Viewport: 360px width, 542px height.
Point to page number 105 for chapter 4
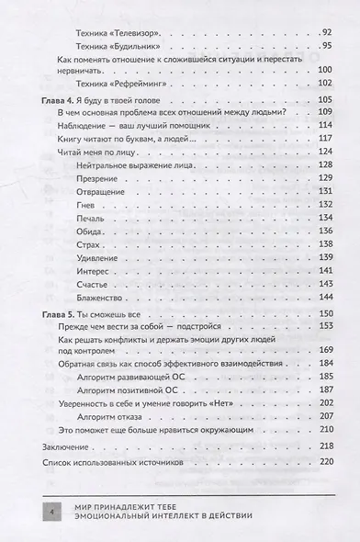[x=321, y=99]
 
